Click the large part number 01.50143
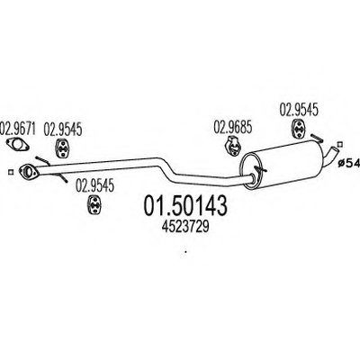click(185, 206)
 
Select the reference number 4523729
click(185, 227)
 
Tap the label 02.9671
click(18, 129)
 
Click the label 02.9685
click(233, 127)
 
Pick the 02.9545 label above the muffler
click(299, 110)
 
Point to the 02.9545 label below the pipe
click(94, 186)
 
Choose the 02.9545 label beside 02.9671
click(63, 130)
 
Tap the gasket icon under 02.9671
click(18, 145)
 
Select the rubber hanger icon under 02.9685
click(232, 145)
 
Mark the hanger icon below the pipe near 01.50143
click(94, 204)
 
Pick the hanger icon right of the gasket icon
click(62, 148)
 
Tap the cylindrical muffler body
click(282, 165)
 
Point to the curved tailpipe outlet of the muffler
click(332, 155)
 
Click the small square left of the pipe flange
click(11, 172)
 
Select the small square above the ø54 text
click(340, 144)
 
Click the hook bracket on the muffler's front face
click(259, 170)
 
